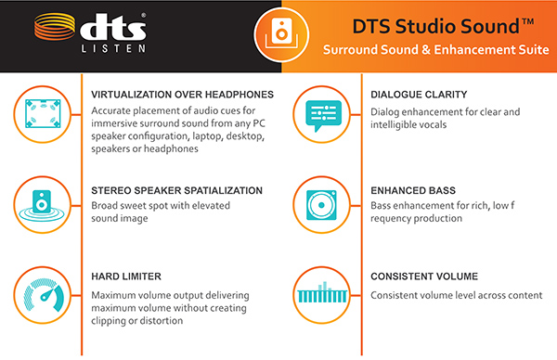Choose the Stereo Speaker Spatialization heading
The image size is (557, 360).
click(x=177, y=190)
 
